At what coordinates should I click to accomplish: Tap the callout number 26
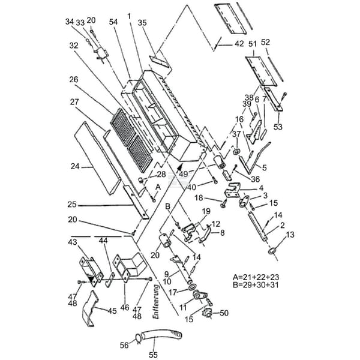pos(74,79)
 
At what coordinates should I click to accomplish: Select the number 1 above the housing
pos(129,15)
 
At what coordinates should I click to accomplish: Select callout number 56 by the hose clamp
pos(124,345)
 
